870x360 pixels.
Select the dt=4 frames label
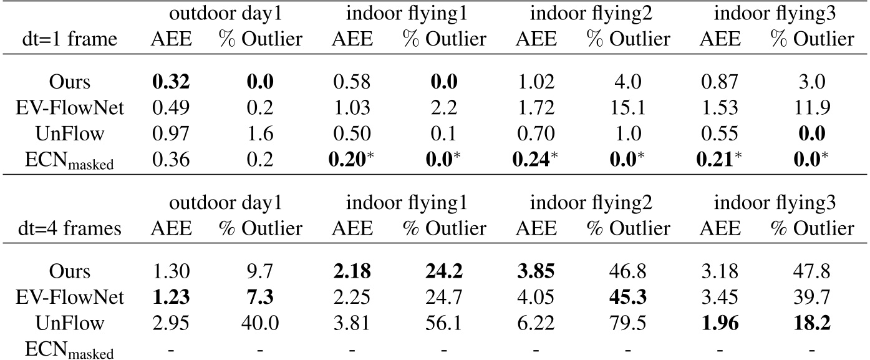[69, 229]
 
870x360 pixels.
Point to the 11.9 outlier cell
[811, 108]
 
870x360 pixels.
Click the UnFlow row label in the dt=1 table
[69, 132]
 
